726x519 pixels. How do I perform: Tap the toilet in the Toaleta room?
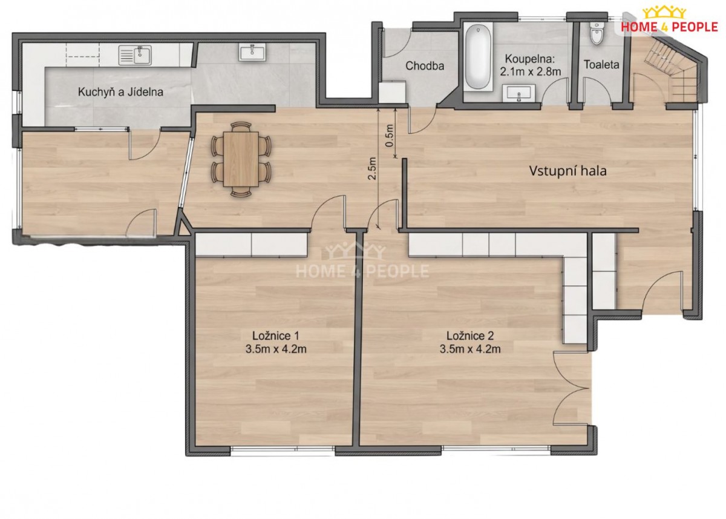point(597,33)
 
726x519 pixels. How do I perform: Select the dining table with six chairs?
point(241,159)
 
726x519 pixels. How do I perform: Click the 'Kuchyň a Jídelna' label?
point(120,92)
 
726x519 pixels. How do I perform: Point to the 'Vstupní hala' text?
point(567,171)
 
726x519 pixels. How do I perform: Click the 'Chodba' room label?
point(425,66)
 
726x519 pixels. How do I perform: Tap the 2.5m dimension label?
point(372,168)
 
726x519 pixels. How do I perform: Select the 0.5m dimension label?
point(389,135)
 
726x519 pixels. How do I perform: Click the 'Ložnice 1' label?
point(276,335)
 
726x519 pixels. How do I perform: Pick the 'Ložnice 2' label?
point(470,336)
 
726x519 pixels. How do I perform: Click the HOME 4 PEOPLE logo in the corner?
point(669,19)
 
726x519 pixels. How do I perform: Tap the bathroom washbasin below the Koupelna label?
point(519,93)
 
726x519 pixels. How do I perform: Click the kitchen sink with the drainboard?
point(135,55)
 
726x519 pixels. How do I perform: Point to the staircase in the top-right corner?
point(669,69)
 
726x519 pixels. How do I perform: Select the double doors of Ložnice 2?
point(571,388)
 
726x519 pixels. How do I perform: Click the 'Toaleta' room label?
point(601,65)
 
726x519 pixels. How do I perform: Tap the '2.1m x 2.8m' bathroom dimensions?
point(530,71)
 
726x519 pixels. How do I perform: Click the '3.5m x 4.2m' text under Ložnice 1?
point(276,349)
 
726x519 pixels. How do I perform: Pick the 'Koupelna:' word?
point(530,59)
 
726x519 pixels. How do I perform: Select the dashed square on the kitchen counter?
point(83,55)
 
